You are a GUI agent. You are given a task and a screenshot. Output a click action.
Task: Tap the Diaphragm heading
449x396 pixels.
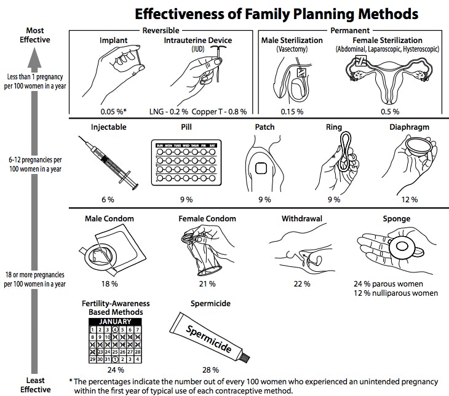[x=409, y=127]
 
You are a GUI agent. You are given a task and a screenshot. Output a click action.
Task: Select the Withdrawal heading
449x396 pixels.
[x=303, y=218]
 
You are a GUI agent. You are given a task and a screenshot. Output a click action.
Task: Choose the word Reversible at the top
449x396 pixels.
[x=161, y=30]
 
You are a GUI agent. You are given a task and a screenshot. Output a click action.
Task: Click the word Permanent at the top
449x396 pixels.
[x=350, y=30]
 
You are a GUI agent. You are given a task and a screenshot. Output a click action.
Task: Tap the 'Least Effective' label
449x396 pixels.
[x=34, y=384]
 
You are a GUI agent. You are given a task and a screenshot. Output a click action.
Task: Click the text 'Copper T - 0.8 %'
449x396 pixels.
[x=219, y=111]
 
